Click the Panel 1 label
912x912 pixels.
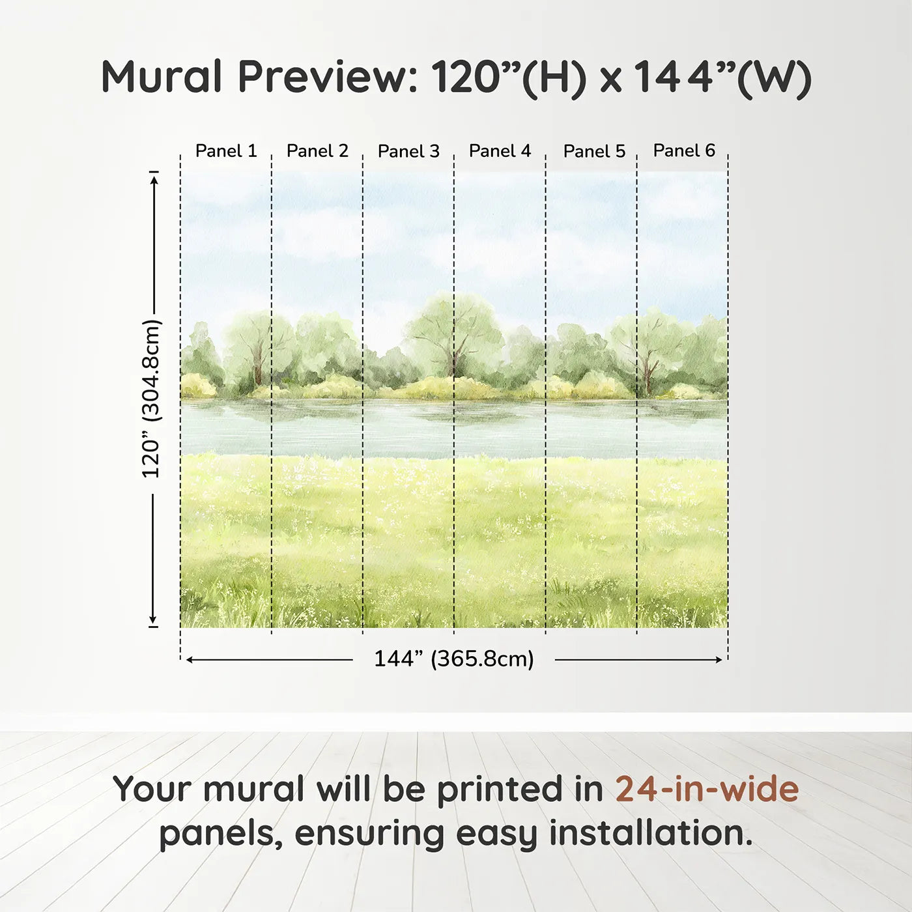pyautogui.click(x=226, y=151)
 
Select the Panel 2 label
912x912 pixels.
pyautogui.click(x=317, y=151)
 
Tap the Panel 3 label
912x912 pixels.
pyautogui.click(x=408, y=151)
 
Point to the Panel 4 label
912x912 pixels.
pyautogui.click(x=500, y=151)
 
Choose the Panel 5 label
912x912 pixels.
pyautogui.click(x=594, y=151)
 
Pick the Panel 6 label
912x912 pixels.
pyautogui.click(x=684, y=150)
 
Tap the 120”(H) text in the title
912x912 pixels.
pyautogui.click(x=509, y=77)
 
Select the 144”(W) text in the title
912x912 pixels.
pyautogui.click(x=723, y=77)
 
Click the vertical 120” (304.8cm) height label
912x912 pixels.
pyautogui.click(x=151, y=399)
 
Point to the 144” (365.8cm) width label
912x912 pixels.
pyautogui.click(x=453, y=659)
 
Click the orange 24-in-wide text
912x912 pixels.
pyautogui.click(x=707, y=789)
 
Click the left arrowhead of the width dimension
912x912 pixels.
pyautogui.click(x=190, y=660)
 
